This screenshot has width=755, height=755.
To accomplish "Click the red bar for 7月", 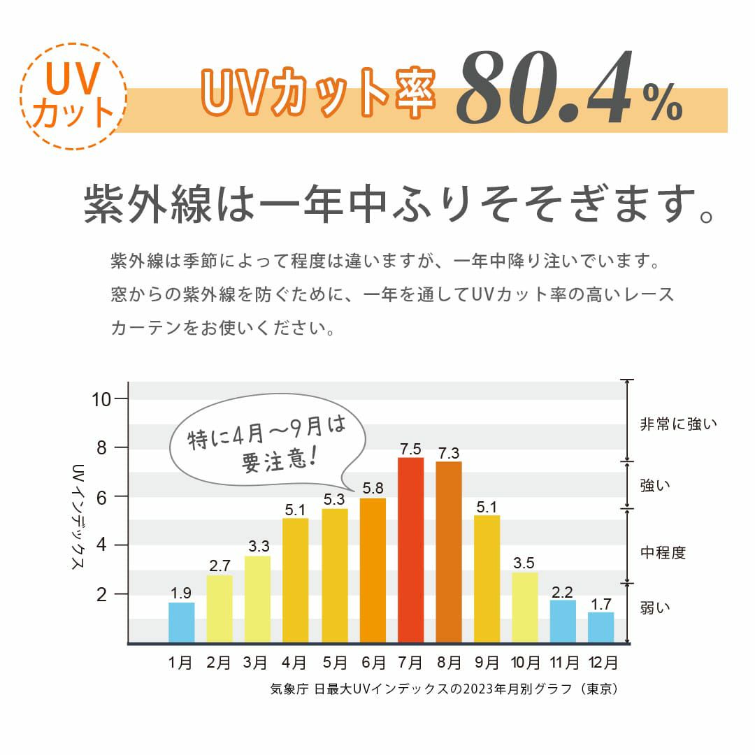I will click(x=410, y=549).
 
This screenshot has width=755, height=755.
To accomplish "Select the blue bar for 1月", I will click(x=182, y=622).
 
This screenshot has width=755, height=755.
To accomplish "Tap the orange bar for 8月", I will click(x=448, y=552).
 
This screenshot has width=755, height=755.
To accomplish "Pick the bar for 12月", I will click(x=601, y=627).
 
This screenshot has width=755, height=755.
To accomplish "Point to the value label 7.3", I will click(x=448, y=452).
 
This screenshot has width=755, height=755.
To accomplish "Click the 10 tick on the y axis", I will click(x=101, y=399).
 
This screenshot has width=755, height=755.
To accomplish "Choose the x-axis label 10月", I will click(x=525, y=662).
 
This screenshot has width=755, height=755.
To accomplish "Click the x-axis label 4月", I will click(x=295, y=662).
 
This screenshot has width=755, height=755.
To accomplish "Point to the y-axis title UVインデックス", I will click(x=78, y=517).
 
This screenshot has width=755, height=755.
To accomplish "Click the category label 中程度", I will click(x=663, y=553).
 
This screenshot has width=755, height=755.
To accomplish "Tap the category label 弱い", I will click(x=655, y=607).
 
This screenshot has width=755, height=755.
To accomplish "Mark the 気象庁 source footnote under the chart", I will click(x=443, y=689).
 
